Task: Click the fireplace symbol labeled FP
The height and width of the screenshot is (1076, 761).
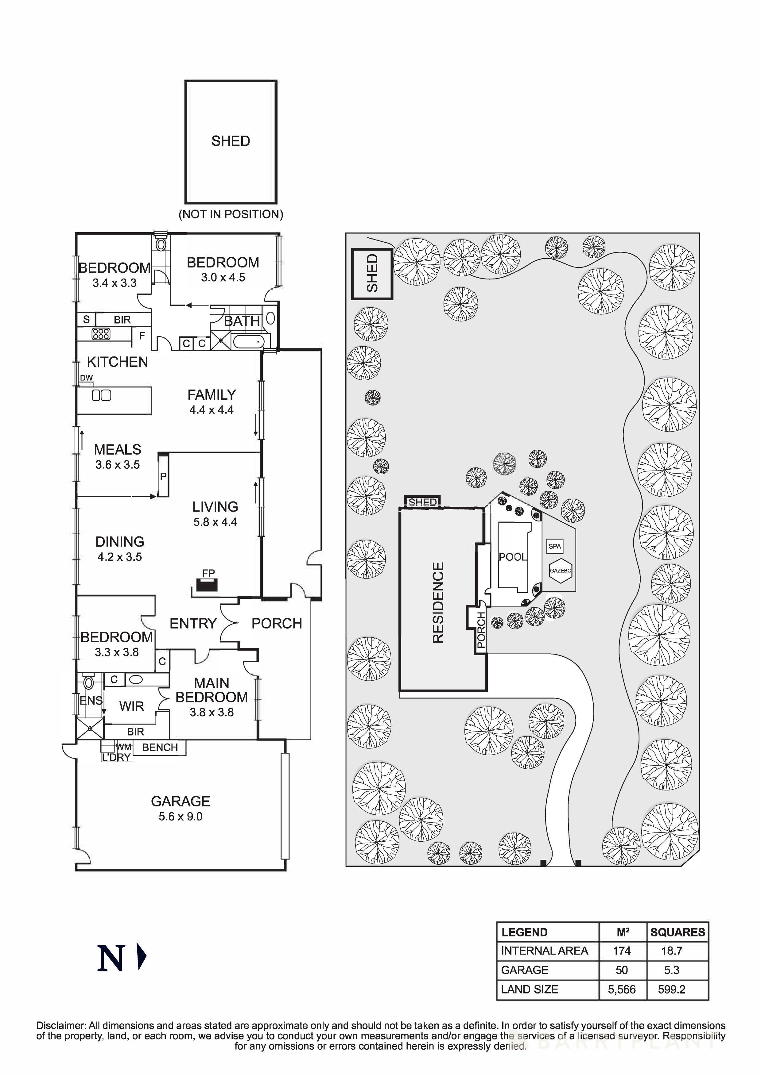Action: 207,585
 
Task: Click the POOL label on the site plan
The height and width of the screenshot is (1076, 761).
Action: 512,557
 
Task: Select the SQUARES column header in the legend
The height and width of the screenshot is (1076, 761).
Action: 678,932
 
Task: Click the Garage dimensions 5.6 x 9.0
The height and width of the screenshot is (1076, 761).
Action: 181,817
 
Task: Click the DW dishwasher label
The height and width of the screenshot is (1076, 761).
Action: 86,378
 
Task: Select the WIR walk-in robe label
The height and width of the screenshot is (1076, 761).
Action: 131,706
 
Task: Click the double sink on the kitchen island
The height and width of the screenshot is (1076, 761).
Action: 101,396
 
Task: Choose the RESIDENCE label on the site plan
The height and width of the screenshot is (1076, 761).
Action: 437,603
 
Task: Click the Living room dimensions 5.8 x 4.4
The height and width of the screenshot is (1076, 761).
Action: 215,522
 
